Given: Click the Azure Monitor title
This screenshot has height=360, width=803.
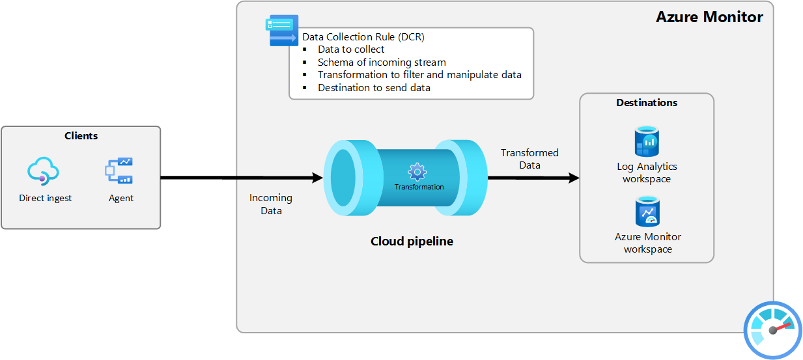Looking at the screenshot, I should coord(709,17).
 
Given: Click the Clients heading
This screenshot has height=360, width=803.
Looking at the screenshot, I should coord(81,136).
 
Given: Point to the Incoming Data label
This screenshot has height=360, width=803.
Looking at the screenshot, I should coord(271,204).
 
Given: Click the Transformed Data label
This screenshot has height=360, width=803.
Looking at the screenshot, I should coord(529,159).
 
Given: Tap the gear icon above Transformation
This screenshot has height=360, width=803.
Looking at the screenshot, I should coord(417,172).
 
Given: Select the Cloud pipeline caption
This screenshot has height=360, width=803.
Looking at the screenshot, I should coord(412,242).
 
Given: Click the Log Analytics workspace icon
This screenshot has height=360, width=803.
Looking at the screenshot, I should coord(647,142).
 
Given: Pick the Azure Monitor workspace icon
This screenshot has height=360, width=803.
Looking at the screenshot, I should coord(647,212).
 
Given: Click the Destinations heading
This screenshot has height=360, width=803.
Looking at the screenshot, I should coord(647,103).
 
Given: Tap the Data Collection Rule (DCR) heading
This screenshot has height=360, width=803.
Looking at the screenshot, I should coord(363,37).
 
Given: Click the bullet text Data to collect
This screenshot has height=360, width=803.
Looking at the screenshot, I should coord(351,49).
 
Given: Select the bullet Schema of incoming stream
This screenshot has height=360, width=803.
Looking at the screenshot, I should coord(382,62).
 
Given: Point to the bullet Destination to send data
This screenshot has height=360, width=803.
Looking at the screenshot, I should coord(374,88).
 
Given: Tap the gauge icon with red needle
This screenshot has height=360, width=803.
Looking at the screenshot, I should coord(772,329).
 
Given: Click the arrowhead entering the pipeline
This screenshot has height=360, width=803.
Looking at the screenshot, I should coord(318,178).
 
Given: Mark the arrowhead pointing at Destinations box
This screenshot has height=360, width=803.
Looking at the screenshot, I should coord(574,178).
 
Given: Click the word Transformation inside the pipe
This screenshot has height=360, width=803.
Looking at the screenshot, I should coord(419,187).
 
